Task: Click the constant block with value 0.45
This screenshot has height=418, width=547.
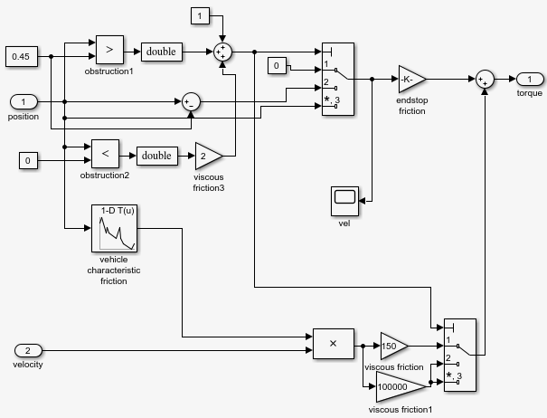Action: [x=20, y=56]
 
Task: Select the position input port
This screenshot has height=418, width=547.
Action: [x=24, y=100]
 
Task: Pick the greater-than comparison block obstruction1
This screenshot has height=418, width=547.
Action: [x=108, y=51]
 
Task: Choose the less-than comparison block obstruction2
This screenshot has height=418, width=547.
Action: [x=105, y=155]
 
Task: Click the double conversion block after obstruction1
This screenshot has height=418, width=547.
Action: [x=161, y=52]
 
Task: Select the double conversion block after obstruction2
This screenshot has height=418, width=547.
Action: [x=156, y=155]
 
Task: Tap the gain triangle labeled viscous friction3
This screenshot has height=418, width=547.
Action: [x=208, y=156]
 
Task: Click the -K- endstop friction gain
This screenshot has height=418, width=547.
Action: [x=412, y=79]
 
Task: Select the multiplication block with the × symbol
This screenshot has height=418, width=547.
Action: [x=333, y=343]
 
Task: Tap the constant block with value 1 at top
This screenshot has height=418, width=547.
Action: [x=201, y=16]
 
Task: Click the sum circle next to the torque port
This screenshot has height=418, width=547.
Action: [x=486, y=79]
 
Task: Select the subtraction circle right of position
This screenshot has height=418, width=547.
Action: [x=190, y=100]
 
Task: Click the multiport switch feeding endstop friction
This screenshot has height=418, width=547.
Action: [x=337, y=80]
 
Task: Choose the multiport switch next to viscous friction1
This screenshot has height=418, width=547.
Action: [x=459, y=355]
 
